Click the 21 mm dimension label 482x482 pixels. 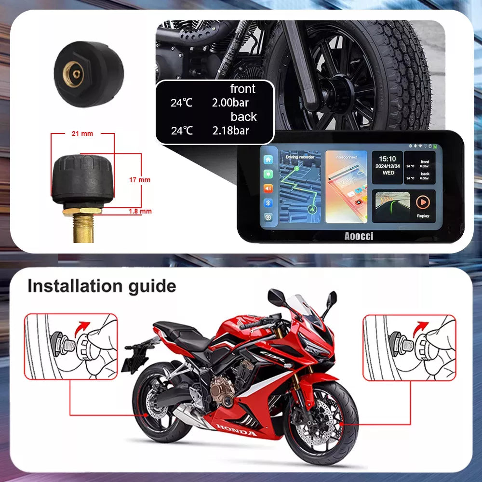tap(82, 134)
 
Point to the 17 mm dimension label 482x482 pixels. tap(140, 180)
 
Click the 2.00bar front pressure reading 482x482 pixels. tap(230, 102)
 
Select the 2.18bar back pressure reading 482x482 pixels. tap(231, 130)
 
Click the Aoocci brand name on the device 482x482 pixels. tap(359, 236)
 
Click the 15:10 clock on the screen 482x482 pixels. tap(387, 158)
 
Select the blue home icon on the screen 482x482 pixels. tap(268, 160)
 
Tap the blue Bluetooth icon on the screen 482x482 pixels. tap(268, 202)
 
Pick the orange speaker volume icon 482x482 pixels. tap(268, 188)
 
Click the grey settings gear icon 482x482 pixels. tap(268, 217)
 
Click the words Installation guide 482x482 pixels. tap(102, 286)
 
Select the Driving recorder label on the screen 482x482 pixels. tap(299, 157)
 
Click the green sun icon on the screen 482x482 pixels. tap(268, 174)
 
